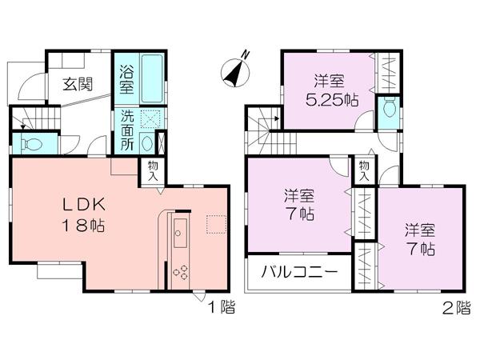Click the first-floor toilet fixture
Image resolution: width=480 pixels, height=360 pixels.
[30, 145]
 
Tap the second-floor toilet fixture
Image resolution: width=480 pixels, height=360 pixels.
[390, 106]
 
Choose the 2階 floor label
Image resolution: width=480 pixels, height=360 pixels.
[457, 307]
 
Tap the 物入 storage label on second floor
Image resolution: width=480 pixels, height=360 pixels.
[363, 170]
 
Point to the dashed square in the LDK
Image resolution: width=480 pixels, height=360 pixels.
[216, 223]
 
